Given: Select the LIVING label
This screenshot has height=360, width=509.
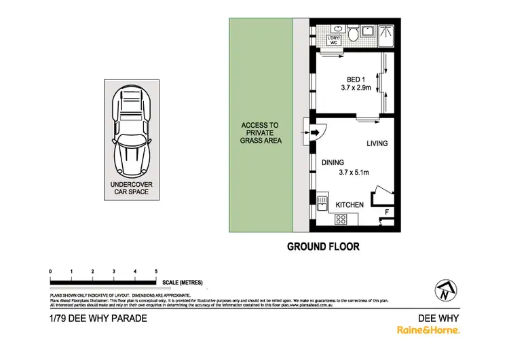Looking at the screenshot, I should (x=377, y=143).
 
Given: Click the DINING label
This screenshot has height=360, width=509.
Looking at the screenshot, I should (x=333, y=162).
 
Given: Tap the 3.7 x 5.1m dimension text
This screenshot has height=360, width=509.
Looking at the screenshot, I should (x=353, y=173).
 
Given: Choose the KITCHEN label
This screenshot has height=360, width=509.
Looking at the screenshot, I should (x=350, y=204).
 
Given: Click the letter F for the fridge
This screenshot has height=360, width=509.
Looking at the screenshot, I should (x=387, y=213).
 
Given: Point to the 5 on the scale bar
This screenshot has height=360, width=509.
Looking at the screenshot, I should (x=156, y=271).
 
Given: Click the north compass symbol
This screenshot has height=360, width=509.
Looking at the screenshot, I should (x=445, y=291).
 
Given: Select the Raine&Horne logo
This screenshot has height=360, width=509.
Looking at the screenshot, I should (x=428, y=330).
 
